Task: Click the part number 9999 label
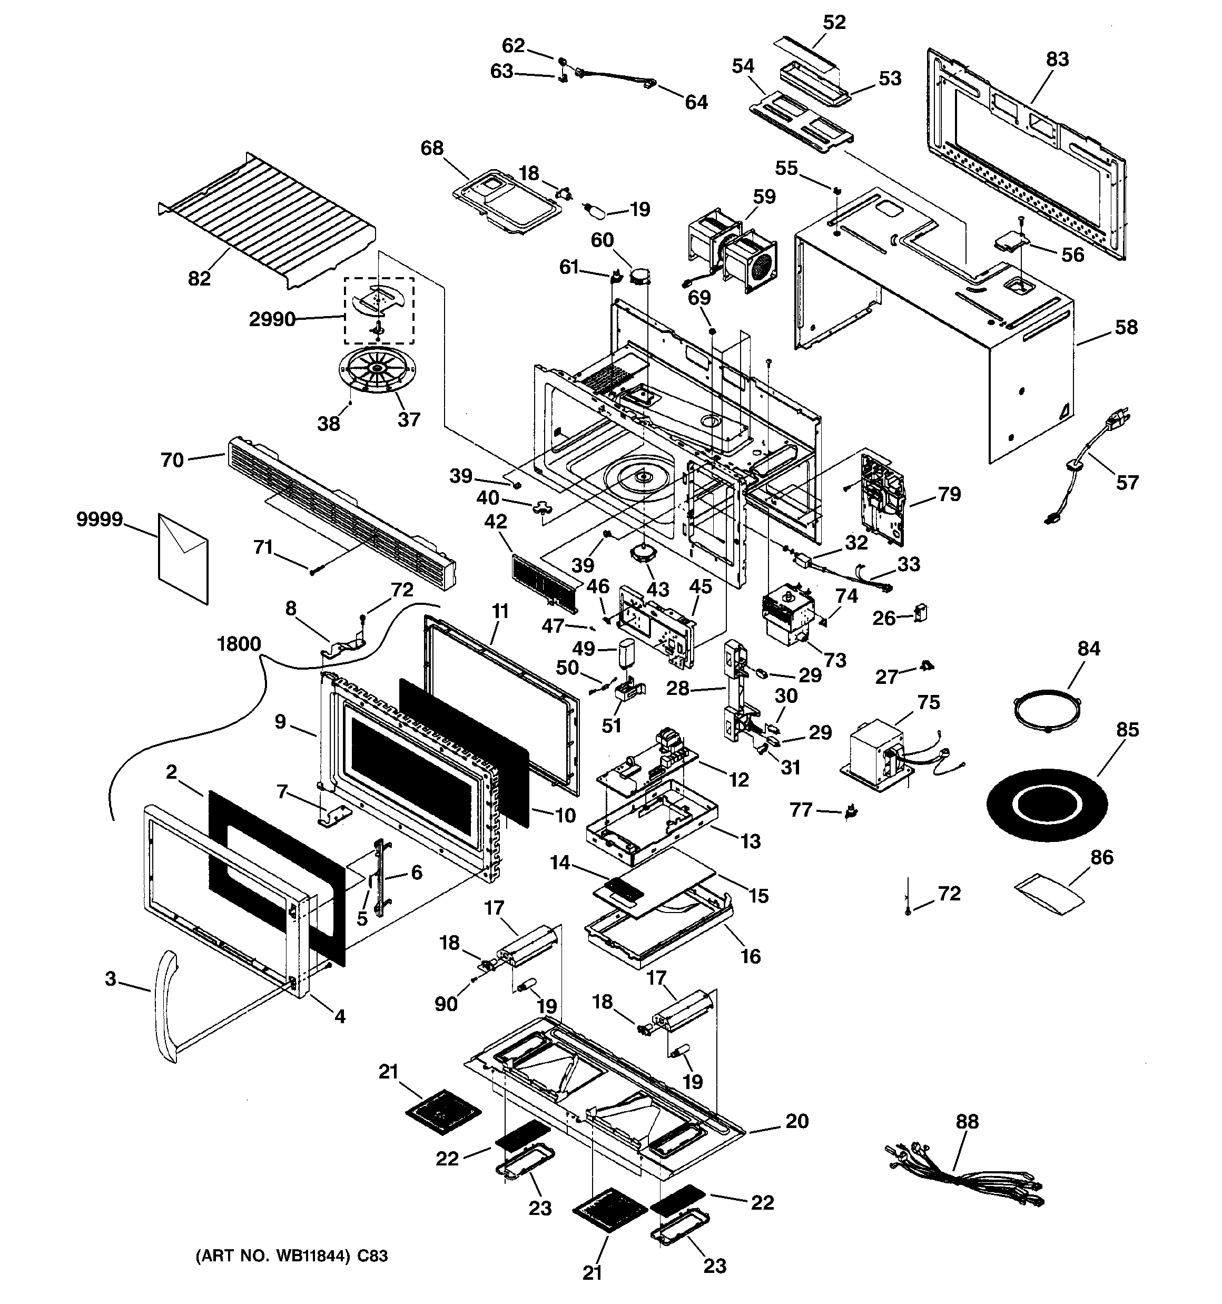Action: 100,519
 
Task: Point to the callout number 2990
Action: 272,319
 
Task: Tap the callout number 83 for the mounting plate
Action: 1057,59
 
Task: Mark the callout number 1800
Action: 239,644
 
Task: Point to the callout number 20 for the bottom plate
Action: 797,1121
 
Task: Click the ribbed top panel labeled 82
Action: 268,220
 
